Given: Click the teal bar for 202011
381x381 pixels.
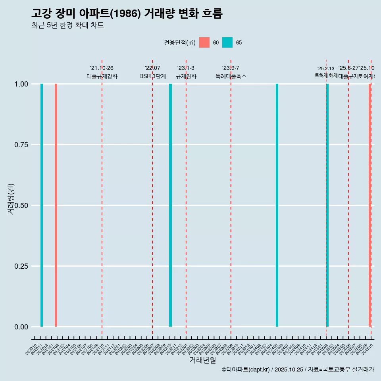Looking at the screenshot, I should click(42, 205).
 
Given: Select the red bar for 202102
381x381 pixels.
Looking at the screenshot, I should click(56, 205).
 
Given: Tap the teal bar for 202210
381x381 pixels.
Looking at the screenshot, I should click(170, 205).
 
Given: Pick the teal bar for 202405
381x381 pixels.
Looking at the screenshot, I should click(277, 205).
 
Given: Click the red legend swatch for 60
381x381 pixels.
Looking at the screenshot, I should click(204, 42).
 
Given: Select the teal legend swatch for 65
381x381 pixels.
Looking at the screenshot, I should click(227, 42).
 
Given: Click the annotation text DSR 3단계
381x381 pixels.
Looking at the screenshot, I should click(152, 76).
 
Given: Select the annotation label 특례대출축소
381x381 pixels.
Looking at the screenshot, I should click(231, 76).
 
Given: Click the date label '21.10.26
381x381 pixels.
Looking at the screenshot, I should click(102, 68).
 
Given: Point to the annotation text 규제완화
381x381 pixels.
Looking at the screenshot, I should click(186, 76).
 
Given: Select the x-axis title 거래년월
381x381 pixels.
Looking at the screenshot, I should click(202, 360).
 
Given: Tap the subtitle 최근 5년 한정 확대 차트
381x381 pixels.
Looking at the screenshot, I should click(67, 25).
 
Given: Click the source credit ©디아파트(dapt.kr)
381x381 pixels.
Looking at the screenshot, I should click(246, 369).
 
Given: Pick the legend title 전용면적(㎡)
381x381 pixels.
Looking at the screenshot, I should click(179, 42).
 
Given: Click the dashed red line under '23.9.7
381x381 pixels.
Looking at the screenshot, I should click(231, 198).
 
